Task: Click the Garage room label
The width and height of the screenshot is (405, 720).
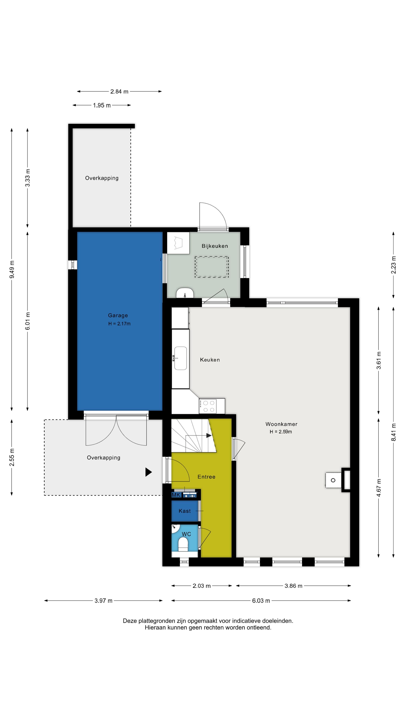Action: pyautogui.click(x=118, y=315)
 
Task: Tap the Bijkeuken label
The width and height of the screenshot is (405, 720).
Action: pyautogui.click(x=215, y=246)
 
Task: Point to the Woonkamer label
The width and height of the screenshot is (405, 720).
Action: pyautogui.click(x=281, y=424)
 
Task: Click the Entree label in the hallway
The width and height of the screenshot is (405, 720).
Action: pyautogui.click(x=206, y=477)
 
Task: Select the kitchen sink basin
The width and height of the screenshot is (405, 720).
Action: pyautogui.click(x=181, y=358)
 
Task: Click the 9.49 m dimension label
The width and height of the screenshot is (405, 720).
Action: pyautogui.click(x=12, y=269)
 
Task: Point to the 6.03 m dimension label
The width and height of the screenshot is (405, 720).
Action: pyautogui.click(x=261, y=601)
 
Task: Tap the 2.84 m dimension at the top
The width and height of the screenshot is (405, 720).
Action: pyautogui.click(x=119, y=91)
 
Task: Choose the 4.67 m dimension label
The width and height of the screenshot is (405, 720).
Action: pyautogui.click(x=379, y=488)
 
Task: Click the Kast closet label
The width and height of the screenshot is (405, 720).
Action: pyautogui.click(x=184, y=511)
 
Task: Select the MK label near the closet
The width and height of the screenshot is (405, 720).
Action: pyautogui.click(x=176, y=495)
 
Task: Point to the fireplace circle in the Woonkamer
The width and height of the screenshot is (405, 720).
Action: pyautogui.click(x=333, y=480)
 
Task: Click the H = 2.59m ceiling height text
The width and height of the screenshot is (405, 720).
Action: pyautogui.click(x=281, y=432)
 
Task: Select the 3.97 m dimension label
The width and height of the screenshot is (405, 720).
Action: pyautogui.click(x=103, y=601)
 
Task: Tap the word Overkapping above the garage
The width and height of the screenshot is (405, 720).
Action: pyautogui.click(x=102, y=178)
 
